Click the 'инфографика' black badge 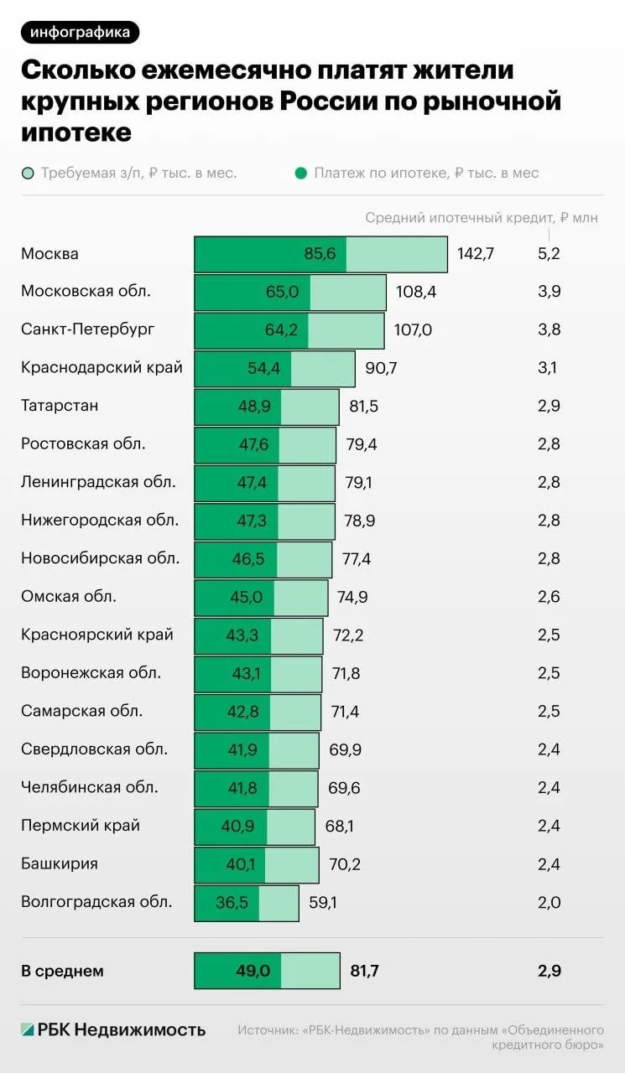[x=81, y=33]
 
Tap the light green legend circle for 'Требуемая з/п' [x=28, y=174]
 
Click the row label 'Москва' [x=49, y=254]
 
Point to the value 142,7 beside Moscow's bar [x=475, y=254]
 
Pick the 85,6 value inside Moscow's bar [x=320, y=254]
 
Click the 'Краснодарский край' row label [x=102, y=368]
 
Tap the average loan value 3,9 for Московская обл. [x=549, y=292]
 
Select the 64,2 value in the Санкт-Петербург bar [x=281, y=329]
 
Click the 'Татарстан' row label [x=60, y=406]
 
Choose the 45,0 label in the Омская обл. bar [x=246, y=597]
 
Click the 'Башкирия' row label [x=60, y=863]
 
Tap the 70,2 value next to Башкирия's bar [x=344, y=863]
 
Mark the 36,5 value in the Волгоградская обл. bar [x=232, y=902]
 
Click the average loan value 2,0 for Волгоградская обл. [x=549, y=902]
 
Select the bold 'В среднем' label [x=62, y=972]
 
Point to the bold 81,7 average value [x=364, y=972]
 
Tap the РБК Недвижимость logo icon [x=28, y=1029]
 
